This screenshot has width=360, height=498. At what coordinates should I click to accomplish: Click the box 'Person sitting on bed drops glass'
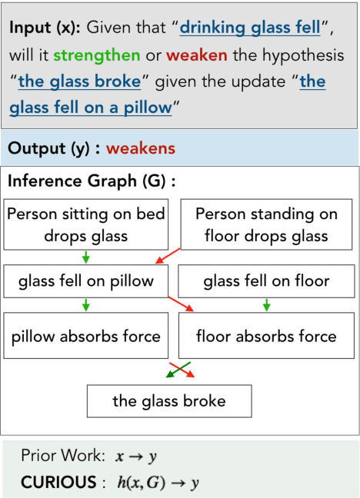[x=85, y=224]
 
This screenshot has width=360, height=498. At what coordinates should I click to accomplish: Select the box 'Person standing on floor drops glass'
[x=266, y=224]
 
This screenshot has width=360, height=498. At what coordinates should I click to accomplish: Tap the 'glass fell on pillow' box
[x=85, y=281]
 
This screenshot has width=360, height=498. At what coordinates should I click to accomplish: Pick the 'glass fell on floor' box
[x=266, y=281]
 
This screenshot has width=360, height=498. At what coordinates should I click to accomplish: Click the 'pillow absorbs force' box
[x=85, y=336]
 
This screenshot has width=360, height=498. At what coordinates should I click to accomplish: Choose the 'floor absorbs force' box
[x=266, y=336]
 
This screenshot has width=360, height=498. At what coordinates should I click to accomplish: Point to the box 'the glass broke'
[x=169, y=400]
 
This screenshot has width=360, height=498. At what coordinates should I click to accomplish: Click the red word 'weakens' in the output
[x=141, y=148]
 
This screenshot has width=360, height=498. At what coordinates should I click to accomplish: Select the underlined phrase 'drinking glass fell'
[x=250, y=29]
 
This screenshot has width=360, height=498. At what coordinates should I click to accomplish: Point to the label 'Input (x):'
[x=45, y=29]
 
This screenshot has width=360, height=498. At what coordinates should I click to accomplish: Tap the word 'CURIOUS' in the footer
[x=53, y=482]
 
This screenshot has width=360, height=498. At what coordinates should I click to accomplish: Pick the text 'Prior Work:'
[x=63, y=456]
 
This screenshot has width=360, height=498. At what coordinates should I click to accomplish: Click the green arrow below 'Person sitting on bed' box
[x=85, y=256]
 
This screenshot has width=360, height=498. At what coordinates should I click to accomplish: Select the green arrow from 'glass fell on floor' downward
[x=266, y=305]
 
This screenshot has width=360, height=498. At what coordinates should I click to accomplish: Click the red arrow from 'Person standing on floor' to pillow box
[x=167, y=256]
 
